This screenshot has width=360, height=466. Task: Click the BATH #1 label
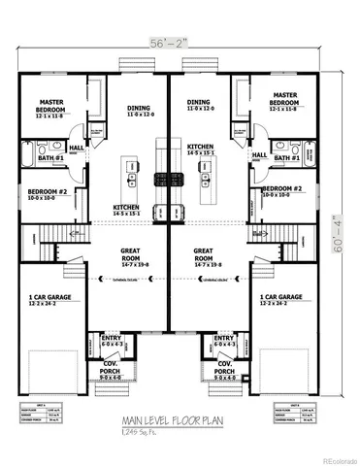click(51, 157)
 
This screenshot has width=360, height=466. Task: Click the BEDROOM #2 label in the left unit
click(47, 192)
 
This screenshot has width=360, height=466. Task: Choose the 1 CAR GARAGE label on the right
click(281, 297)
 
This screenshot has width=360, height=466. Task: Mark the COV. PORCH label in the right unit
click(225, 368)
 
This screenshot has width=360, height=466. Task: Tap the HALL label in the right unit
click(259, 154)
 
